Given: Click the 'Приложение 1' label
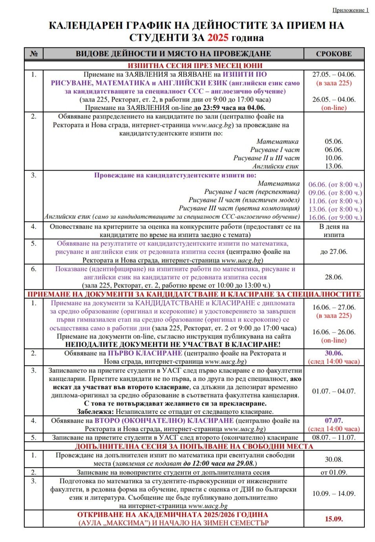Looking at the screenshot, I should [x=350, y=10].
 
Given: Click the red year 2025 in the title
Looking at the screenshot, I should [x=218, y=38].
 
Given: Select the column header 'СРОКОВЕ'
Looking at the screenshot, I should [x=334, y=54].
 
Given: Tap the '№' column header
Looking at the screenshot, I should [x=34, y=54].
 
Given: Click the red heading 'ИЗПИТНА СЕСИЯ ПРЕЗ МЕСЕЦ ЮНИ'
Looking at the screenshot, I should [x=195, y=65].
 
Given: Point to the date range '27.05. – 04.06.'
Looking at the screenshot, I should [x=334, y=75].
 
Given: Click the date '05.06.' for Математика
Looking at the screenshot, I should [x=334, y=142].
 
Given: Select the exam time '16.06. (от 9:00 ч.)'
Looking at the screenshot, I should [x=335, y=217].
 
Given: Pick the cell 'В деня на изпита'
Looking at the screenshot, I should [x=334, y=231].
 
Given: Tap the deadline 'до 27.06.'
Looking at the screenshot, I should [x=334, y=252].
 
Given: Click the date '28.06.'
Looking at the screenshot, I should [x=334, y=277].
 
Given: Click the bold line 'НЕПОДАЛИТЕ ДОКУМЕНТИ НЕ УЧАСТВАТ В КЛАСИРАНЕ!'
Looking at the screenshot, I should [x=173, y=345].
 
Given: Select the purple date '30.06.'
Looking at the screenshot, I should [x=334, y=353].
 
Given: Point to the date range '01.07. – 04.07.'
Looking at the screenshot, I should [x=334, y=391].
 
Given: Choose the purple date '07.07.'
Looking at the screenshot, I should [x=334, y=420].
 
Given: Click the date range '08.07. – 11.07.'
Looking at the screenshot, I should [x=334, y=437].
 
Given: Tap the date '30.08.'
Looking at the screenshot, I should [x=334, y=459].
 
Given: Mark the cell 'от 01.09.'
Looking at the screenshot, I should [x=334, y=473].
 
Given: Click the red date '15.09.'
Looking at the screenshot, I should [x=334, y=519].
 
